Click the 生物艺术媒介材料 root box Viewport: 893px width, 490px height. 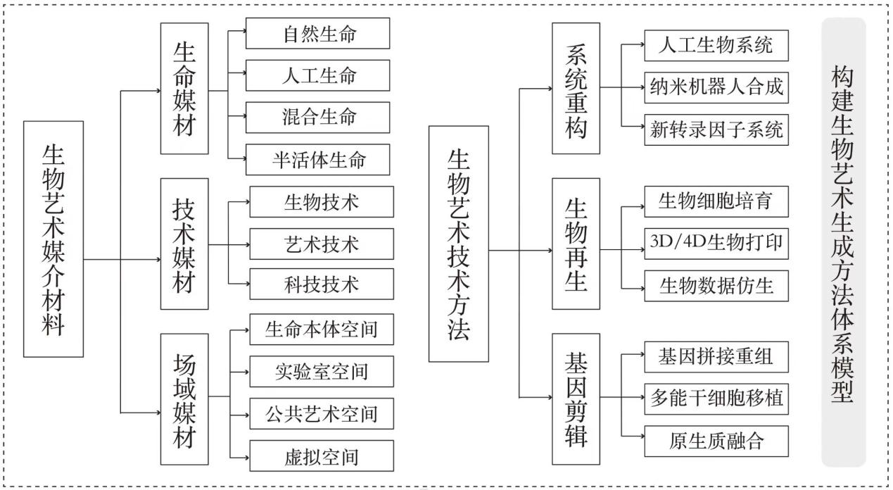point(53,239)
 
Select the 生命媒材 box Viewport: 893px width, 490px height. point(184,89)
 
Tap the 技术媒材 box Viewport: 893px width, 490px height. point(184,244)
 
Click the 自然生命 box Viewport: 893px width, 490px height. point(317,34)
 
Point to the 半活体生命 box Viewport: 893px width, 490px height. point(317,159)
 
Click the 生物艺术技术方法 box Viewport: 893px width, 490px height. point(458,244)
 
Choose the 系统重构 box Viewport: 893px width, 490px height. point(576,88)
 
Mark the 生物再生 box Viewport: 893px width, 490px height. point(576,244)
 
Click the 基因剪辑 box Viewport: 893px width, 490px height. point(576,399)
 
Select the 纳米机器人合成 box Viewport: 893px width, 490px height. point(716,88)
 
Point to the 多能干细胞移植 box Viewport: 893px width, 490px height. point(716,398)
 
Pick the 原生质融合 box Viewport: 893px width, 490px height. point(716,441)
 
